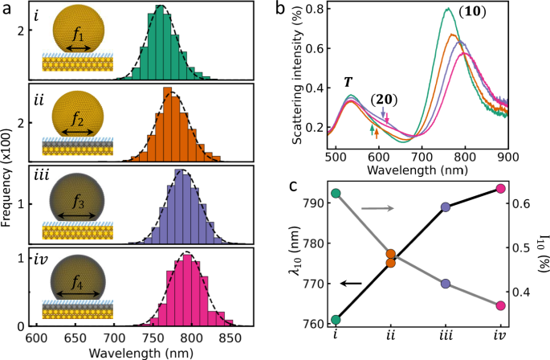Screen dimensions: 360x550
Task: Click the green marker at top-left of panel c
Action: tap(336, 194)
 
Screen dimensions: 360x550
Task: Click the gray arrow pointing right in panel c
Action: tap(377, 210)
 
